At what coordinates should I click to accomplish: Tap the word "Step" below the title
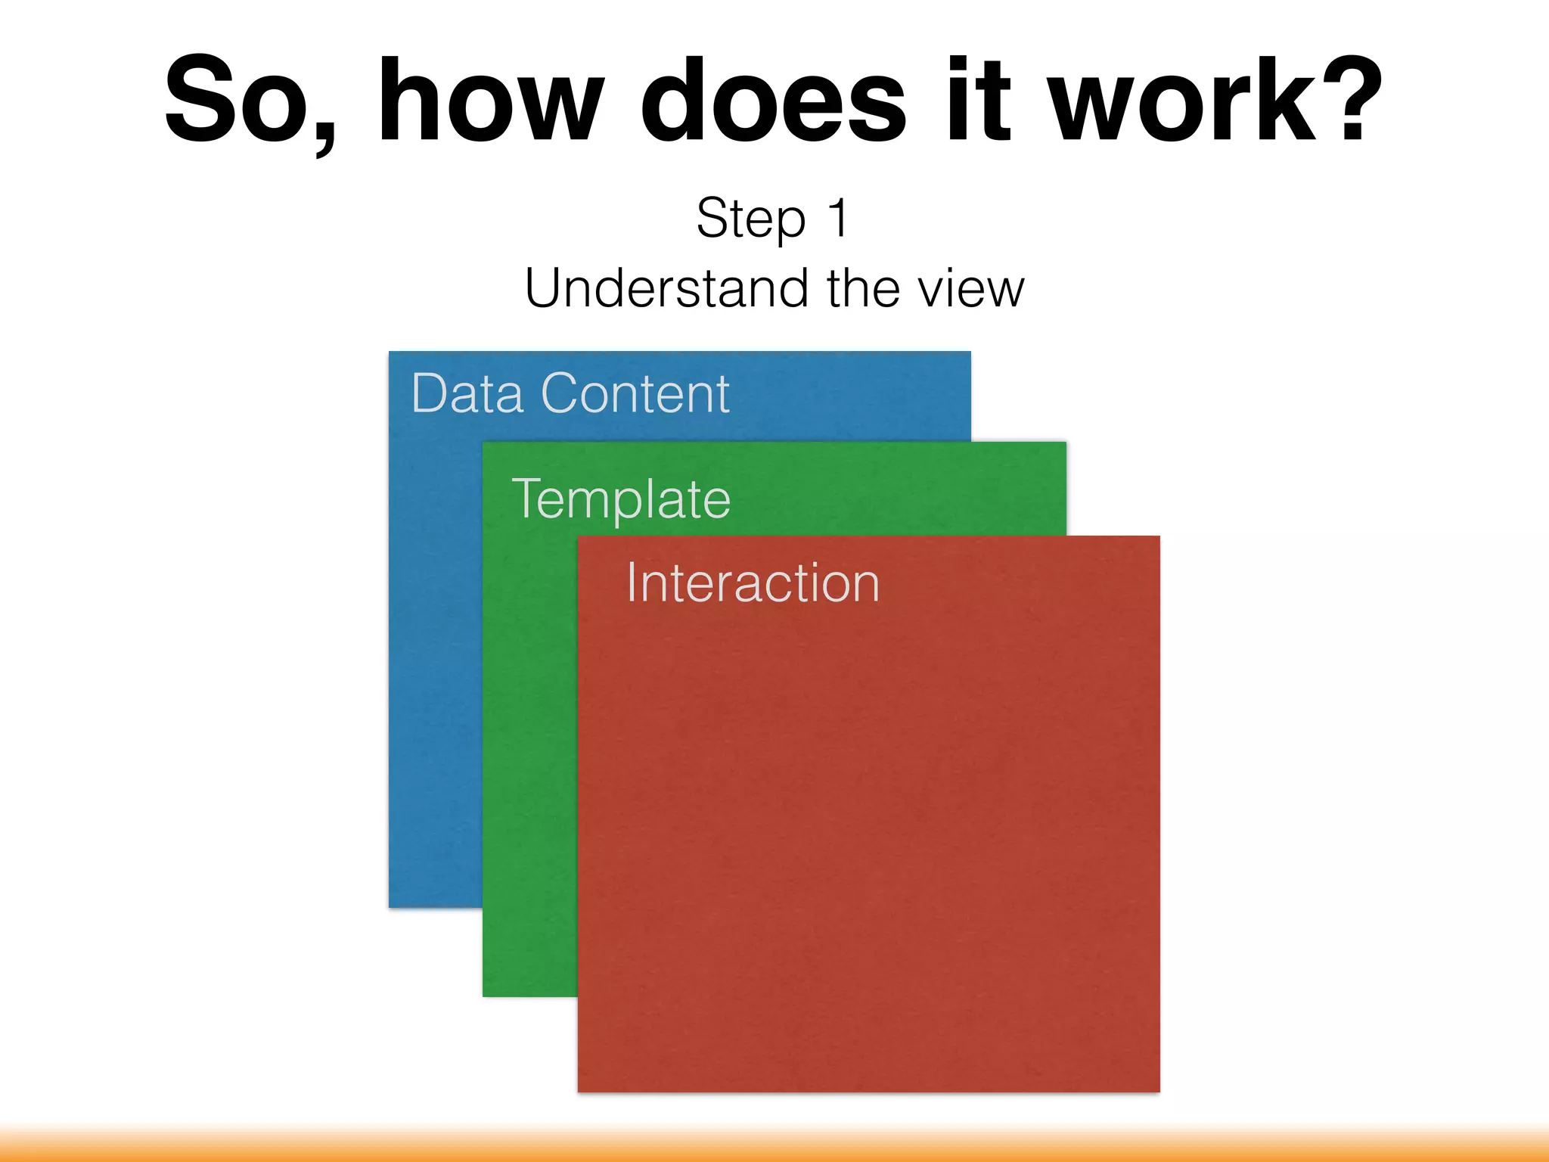750,219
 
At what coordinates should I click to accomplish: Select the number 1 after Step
838,218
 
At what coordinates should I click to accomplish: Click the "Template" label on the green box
621,499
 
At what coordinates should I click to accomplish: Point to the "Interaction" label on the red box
753,583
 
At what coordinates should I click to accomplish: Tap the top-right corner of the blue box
969,353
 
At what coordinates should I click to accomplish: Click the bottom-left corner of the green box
485,995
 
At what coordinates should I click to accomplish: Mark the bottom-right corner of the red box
1158,1090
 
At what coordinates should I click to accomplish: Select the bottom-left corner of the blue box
391,906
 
